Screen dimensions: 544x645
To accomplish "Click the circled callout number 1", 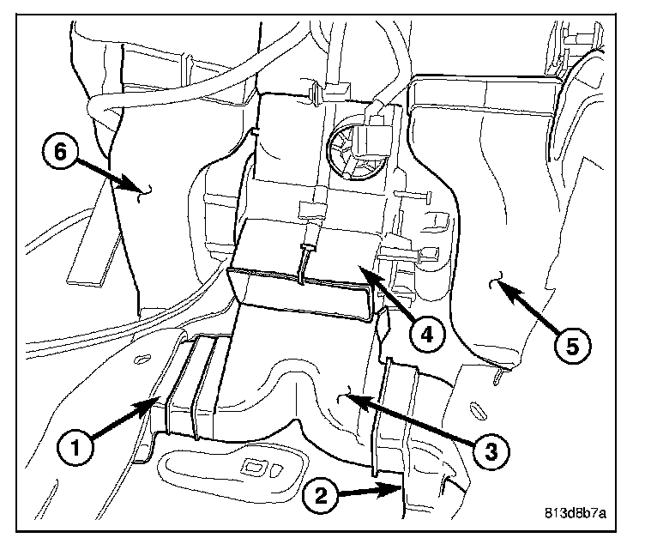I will (x=75, y=446).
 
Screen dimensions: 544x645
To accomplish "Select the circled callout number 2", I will (x=318, y=496).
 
